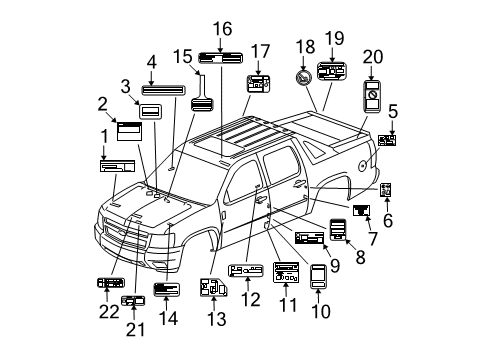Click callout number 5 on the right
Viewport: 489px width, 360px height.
pos(393,112)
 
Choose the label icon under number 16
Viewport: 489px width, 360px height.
pos(218,56)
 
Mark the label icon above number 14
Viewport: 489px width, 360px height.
pos(166,290)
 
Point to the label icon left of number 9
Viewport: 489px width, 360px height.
pos(310,238)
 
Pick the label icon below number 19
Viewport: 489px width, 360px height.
pos(330,72)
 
